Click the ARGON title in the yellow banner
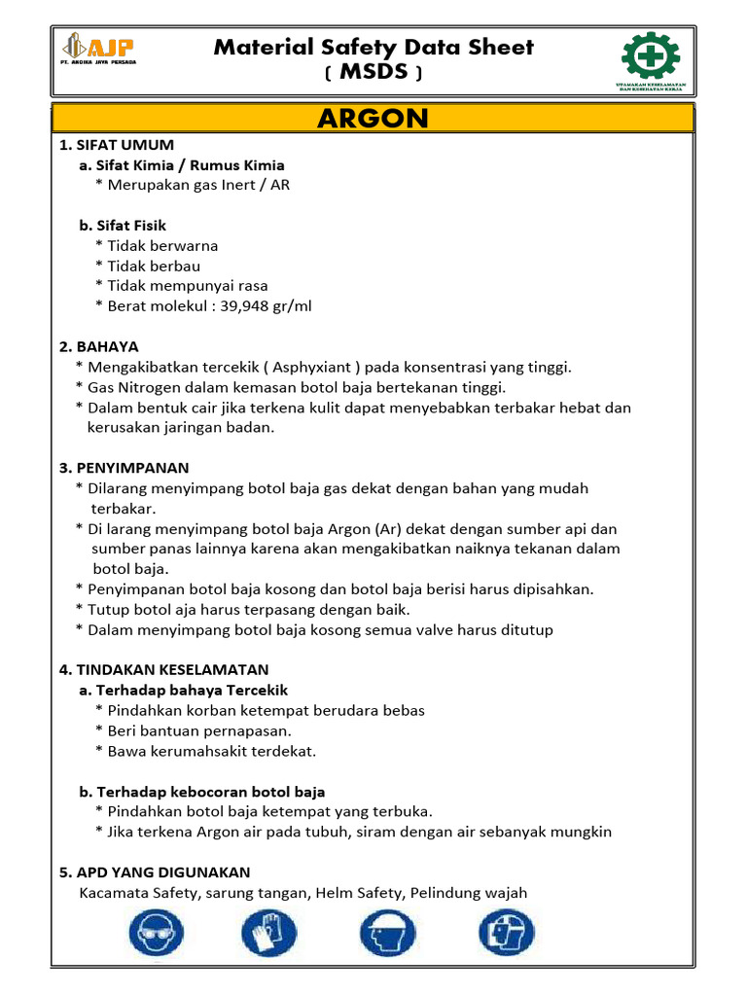tap(373, 119)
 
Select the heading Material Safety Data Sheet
tap(373, 47)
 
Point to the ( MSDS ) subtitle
tap(373, 74)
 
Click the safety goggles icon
tap(154, 936)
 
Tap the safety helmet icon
tap(388, 936)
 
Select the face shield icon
tap(506, 936)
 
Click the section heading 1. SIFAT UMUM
tap(117, 145)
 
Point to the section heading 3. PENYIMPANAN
tap(124, 468)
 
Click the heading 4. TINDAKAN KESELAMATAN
tap(163, 670)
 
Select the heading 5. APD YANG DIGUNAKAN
tap(155, 872)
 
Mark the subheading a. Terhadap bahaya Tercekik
tap(184, 691)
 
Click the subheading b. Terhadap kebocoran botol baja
tap(202, 792)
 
